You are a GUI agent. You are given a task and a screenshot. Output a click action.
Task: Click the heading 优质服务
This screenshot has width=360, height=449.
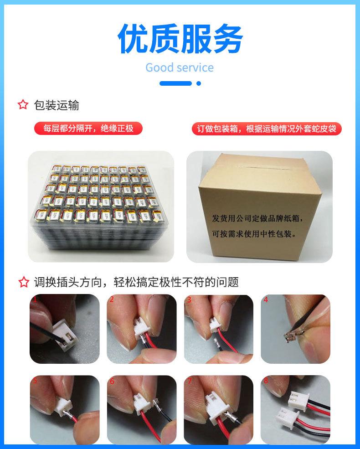(x=180, y=39)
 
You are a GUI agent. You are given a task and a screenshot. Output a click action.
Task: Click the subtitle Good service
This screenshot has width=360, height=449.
(x=180, y=68)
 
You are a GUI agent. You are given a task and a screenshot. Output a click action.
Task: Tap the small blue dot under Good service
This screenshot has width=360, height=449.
(x=198, y=83)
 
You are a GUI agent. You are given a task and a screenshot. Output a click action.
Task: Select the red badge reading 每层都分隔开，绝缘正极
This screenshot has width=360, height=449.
(x=88, y=129)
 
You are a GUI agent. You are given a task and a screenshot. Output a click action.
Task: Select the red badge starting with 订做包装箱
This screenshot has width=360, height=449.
(x=266, y=129)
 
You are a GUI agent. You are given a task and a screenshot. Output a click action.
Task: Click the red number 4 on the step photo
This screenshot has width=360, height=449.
(x=266, y=300)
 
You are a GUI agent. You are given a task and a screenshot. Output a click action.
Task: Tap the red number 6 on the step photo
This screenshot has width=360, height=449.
(x=112, y=380)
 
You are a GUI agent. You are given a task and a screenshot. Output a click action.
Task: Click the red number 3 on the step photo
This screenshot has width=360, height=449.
(x=189, y=300)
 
